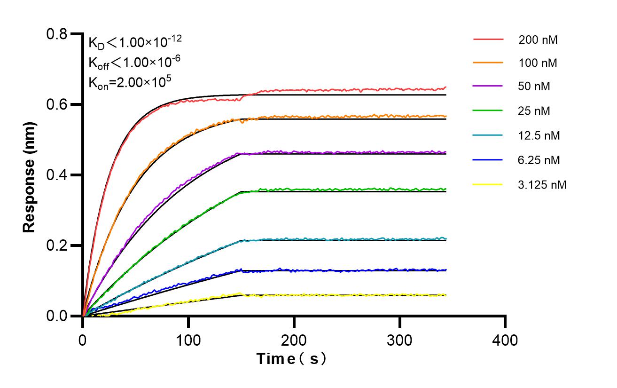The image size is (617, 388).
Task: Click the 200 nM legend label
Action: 538,40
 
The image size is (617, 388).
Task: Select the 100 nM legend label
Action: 538,63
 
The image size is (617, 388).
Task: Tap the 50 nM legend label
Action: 534,87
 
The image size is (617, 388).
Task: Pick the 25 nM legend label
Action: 534,111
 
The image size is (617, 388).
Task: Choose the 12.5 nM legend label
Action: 539,136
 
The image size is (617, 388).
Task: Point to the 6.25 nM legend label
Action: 539,160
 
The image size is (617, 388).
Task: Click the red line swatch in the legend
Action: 488,39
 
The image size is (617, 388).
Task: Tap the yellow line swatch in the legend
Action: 488,184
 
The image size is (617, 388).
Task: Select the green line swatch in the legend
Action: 488,111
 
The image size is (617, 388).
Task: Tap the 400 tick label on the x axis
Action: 505,340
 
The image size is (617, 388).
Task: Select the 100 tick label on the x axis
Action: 188,340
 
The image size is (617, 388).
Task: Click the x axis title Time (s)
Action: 292,359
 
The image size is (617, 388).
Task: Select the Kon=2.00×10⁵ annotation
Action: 130,82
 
